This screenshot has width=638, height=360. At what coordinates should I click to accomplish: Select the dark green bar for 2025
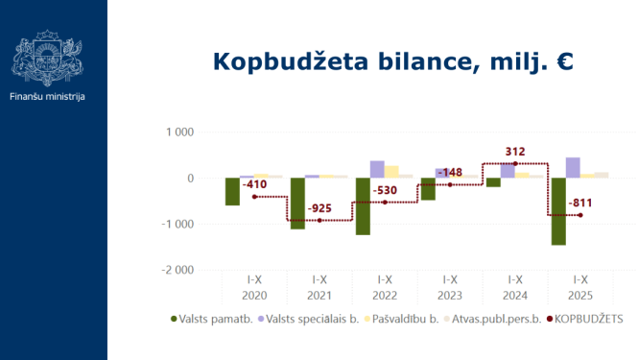pyautogui.click(x=558, y=211)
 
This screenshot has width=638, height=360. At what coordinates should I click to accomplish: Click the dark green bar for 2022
pyautogui.click(x=363, y=206)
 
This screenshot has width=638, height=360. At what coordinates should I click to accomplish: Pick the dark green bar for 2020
pyautogui.click(x=232, y=191)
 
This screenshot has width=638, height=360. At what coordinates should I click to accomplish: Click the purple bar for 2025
pyautogui.click(x=573, y=168)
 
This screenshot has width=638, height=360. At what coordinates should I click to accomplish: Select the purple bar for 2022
pyautogui.click(x=377, y=170)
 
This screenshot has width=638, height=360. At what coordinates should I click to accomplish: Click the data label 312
pyautogui.click(x=515, y=152)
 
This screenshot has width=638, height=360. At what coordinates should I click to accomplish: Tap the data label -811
pyautogui.click(x=579, y=203)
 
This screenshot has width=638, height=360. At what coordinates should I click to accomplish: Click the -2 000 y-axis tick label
pyautogui.click(x=179, y=270)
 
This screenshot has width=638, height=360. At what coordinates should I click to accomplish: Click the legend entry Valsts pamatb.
pyautogui.click(x=217, y=318)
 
